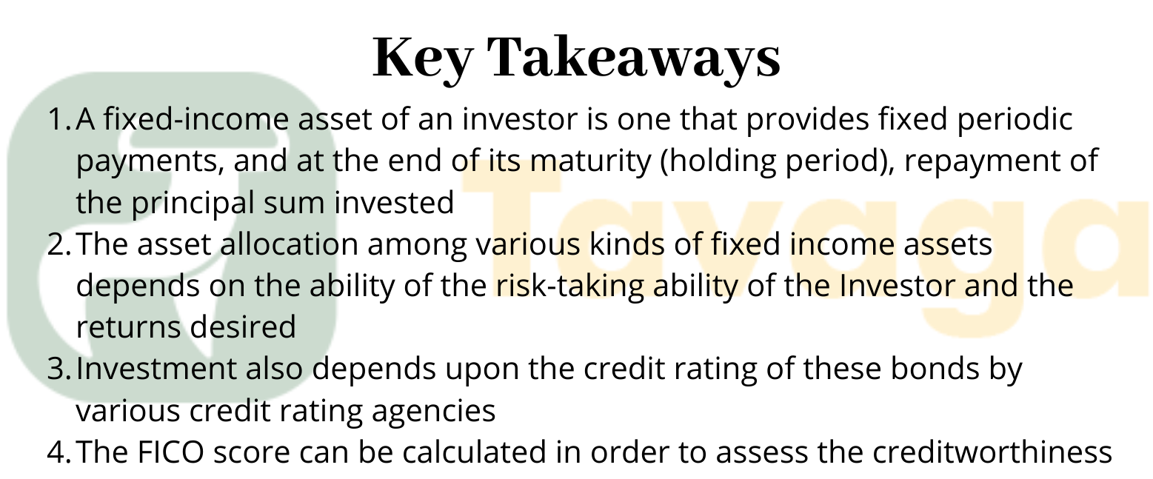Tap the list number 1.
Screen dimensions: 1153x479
(59, 119)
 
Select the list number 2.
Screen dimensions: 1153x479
(59, 244)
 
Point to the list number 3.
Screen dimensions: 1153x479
(59, 369)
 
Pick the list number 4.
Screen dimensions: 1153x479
(59, 453)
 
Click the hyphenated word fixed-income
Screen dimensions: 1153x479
(196, 119)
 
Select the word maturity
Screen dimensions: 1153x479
(591, 162)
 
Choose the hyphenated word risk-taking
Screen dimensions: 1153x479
(569, 287)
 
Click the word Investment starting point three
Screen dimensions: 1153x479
(156, 369)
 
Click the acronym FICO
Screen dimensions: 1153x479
(170, 453)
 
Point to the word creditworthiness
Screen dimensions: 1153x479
(992, 452)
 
